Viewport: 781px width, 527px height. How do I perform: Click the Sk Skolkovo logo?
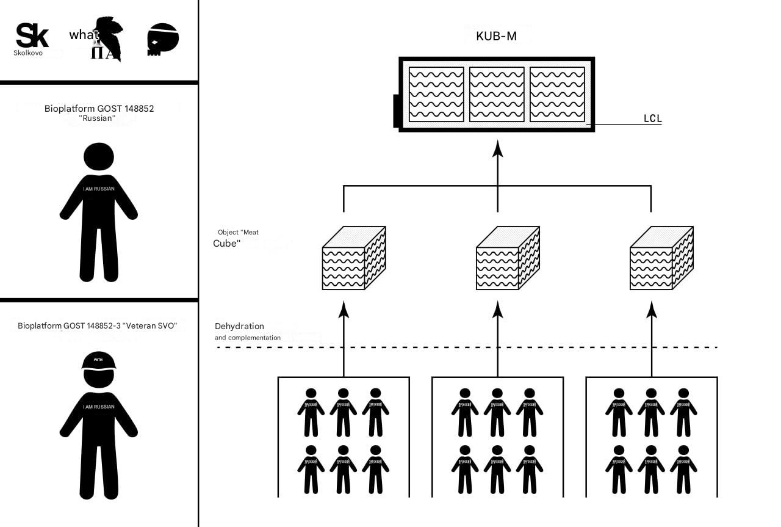click(32, 38)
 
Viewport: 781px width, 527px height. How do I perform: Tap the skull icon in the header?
click(163, 39)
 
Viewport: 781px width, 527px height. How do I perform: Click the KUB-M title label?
click(496, 36)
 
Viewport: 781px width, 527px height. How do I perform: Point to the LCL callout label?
click(652, 118)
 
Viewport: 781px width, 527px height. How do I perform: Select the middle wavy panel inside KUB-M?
click(497, 94)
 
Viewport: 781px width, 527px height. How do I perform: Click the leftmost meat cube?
click(353, 258)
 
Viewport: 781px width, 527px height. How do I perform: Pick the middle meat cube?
click(507, 258)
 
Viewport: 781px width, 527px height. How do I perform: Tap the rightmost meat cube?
click(661, 258)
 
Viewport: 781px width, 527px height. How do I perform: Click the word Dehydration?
click(239, 326)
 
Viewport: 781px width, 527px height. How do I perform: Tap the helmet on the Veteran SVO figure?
click(99, 361)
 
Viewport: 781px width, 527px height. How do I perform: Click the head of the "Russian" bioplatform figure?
click(99, 156)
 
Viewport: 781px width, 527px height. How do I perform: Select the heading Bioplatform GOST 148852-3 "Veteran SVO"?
click(98, 325)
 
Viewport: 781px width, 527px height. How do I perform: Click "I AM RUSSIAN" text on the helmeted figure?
click(99, 407)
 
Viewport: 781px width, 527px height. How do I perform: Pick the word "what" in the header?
click(84, 35)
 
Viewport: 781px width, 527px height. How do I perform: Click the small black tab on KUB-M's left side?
click(396, 110)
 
